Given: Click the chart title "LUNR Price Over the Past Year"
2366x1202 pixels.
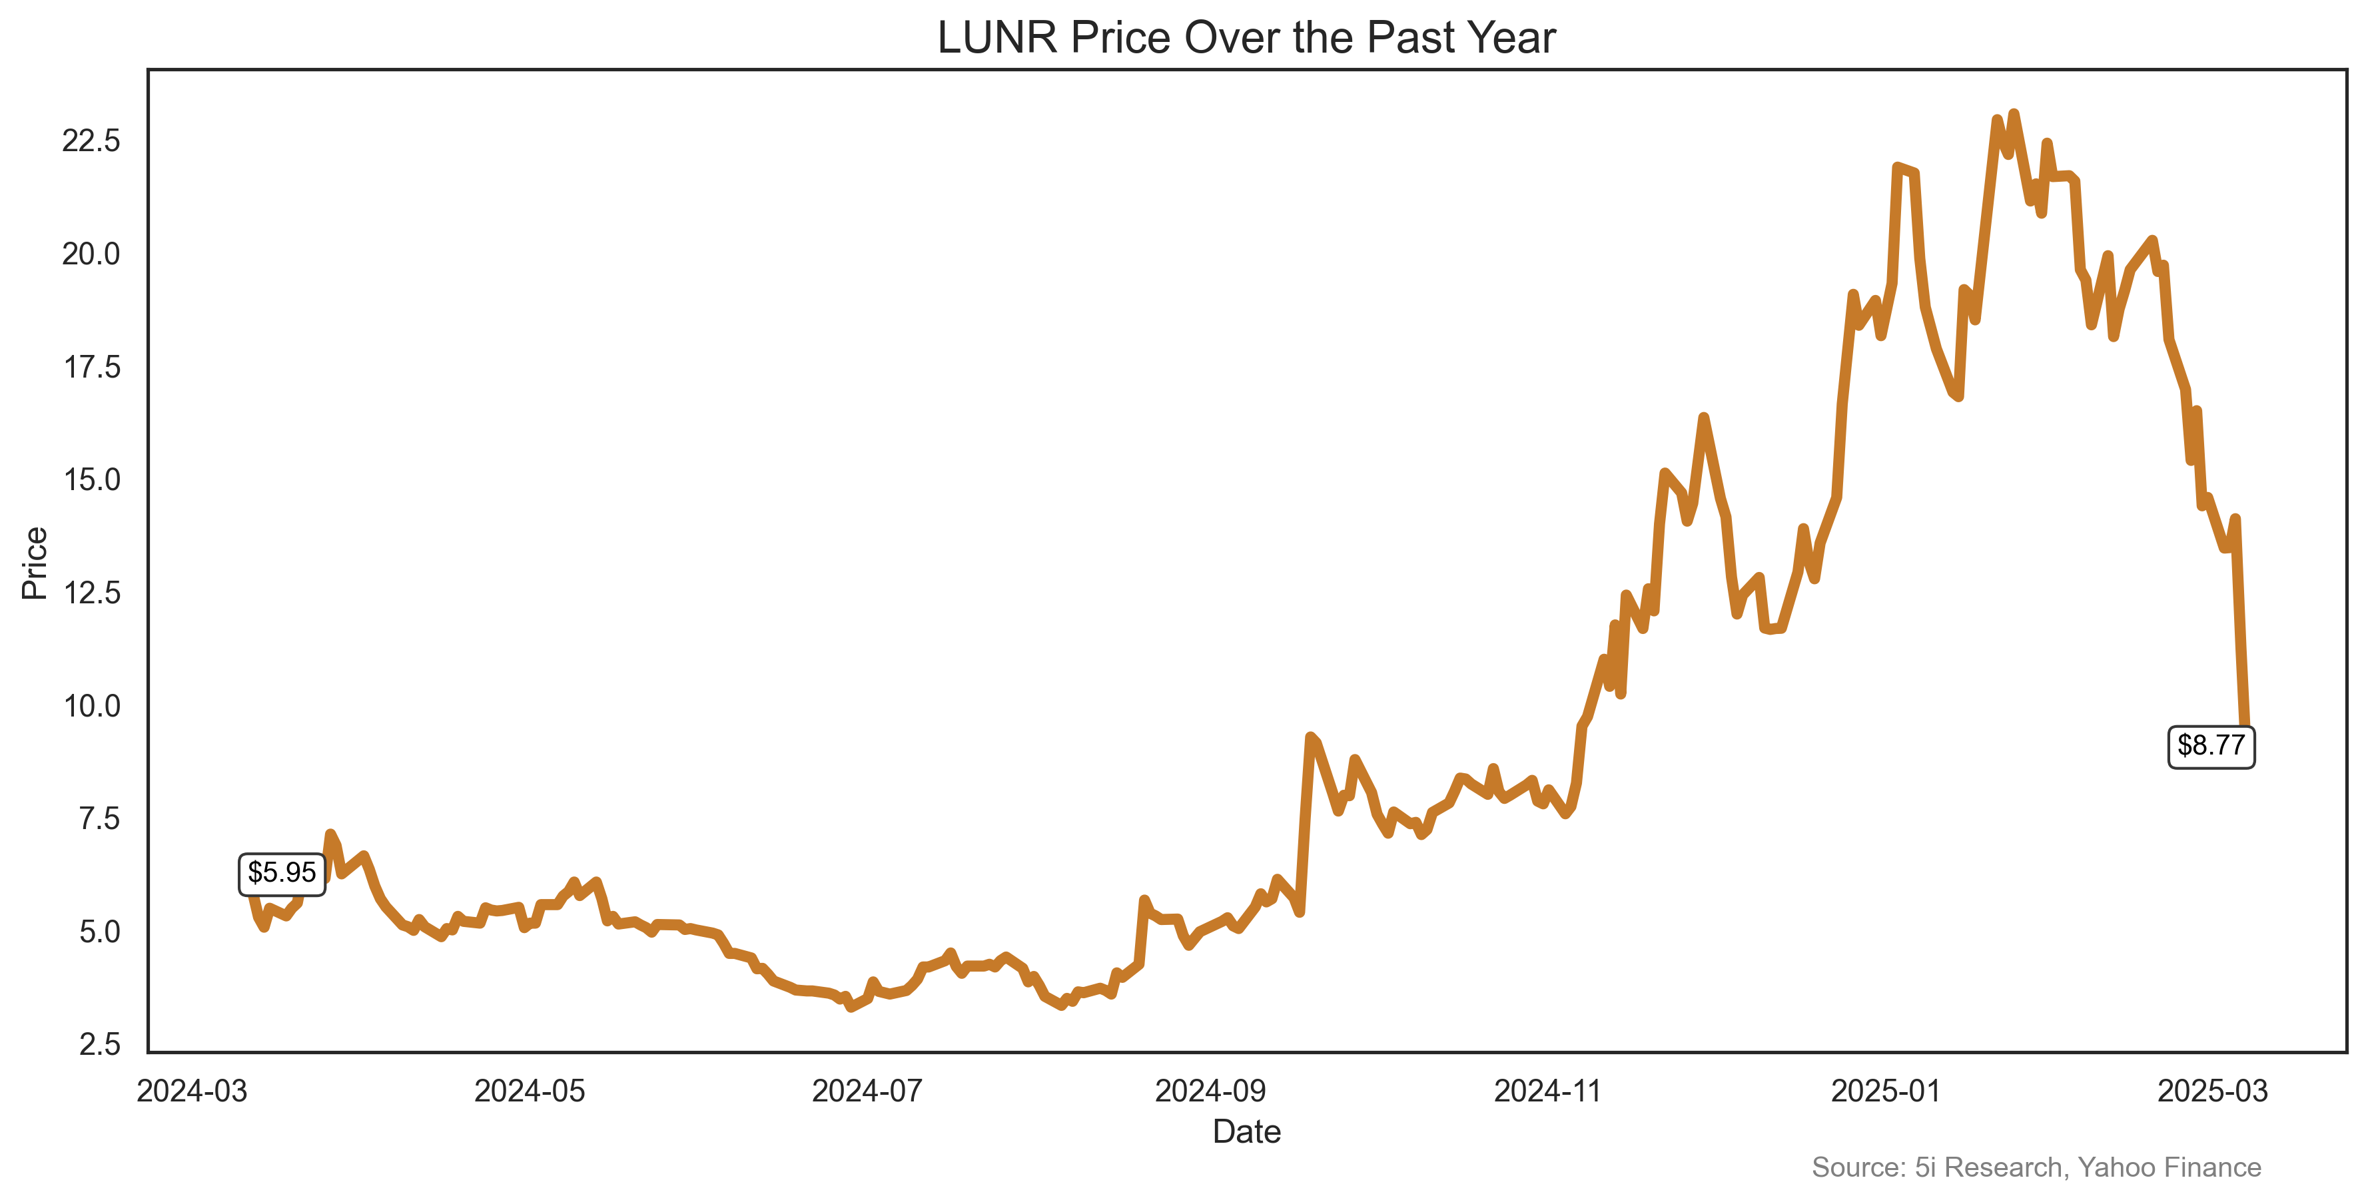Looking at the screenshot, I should click(x=1246, y=39).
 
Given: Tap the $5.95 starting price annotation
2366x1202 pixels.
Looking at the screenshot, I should click(x=281, y=872).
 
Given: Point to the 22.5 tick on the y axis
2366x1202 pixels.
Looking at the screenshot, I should click(x=91, y=141).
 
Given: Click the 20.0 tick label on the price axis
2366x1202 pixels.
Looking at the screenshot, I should click(x=91, y=254).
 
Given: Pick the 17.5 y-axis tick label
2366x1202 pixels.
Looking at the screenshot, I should click(x=91, y=368).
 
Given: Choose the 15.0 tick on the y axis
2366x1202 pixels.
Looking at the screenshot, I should click(x=91, y=479).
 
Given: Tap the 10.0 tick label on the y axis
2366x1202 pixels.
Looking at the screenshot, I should click(x=91, y=705).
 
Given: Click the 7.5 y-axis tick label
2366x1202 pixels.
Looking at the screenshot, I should click(x=99, y=818).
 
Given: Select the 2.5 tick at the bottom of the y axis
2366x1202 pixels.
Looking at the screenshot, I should click(x=99, y=1044).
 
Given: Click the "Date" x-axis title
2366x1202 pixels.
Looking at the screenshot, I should click(x=1246, y=1131).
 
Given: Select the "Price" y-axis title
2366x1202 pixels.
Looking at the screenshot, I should click(x=35, y=563).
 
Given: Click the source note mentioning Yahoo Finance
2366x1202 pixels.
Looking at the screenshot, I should click(x=2036, y=1167).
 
